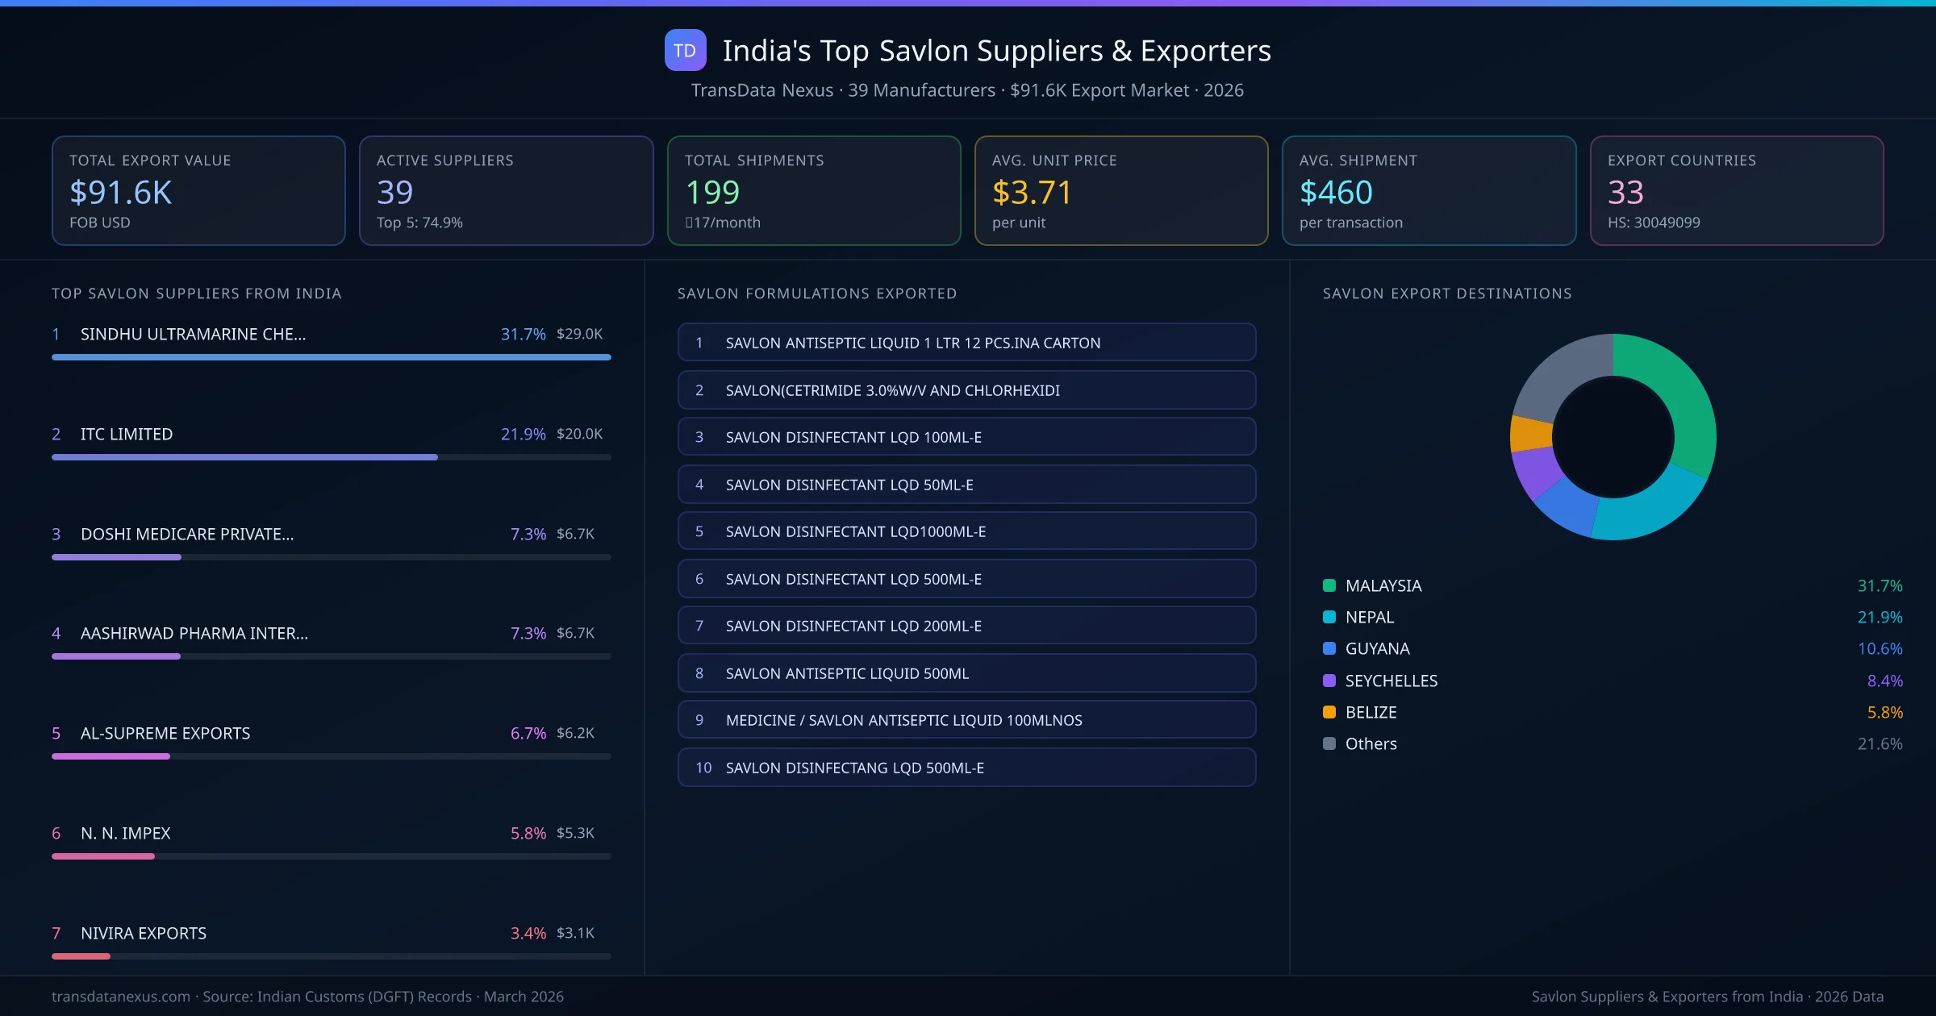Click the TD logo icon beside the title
pos(685,50)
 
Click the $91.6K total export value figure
pos(120,192)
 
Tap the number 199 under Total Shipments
pos(711,192)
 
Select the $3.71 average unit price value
pos(1031,192)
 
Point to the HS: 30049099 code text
pos(1653,223)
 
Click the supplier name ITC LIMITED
pos(127,434)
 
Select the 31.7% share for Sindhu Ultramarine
pos(523,334)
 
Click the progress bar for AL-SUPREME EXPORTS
pos(331,756)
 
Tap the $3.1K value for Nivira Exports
pos(575,933)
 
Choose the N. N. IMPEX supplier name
pos(126,833)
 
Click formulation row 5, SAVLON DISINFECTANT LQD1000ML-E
pos(966,531)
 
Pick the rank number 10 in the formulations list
pos(703,768)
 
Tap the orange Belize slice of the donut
pos(1529,434)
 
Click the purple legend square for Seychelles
pos(1329,681)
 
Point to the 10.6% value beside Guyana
pos(1880,648)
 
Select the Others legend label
pos(1371,743)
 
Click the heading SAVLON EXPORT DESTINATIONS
pos(1446,294)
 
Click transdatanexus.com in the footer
pos(121,997)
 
